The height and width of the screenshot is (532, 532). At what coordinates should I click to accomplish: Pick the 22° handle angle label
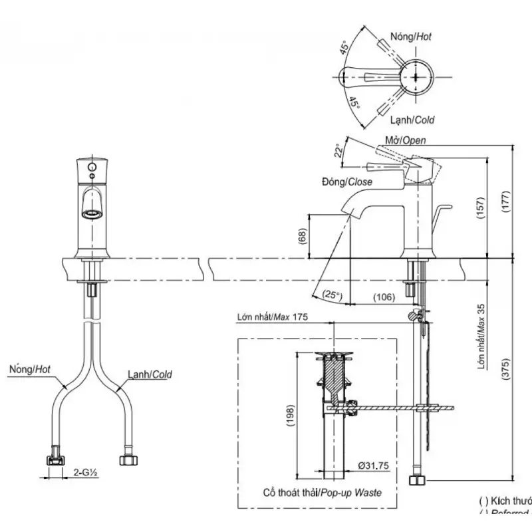(339, 152)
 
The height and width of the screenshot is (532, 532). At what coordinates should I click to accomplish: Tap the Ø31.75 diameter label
(373, 465)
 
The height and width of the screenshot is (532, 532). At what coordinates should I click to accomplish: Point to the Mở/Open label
(406, 140)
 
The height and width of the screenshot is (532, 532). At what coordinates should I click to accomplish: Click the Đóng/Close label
(347, 182)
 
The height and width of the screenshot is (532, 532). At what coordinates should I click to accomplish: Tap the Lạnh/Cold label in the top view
(413, 120)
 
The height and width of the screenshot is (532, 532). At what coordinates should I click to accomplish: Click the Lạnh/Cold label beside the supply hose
(150, 374)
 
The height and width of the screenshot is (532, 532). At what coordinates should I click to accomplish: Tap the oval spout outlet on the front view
(91, 214)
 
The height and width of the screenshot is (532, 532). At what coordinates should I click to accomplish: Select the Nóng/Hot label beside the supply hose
(30, 367)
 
